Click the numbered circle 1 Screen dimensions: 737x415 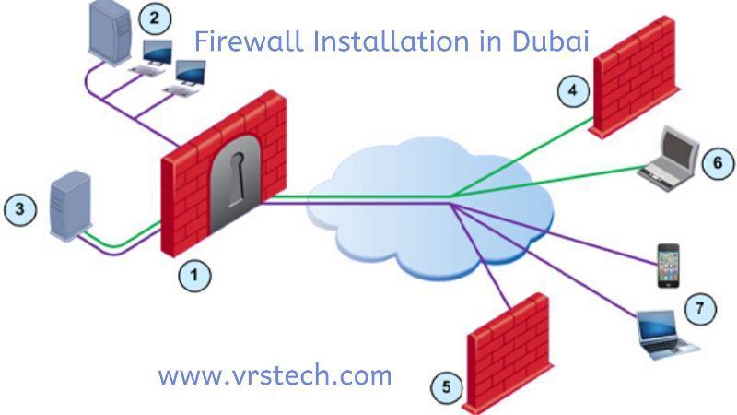click(x=194, y=275)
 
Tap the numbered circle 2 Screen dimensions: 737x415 click(x=155, y=18)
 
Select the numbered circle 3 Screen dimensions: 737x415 click(x=20, y=209)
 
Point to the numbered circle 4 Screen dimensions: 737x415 click(x=573, y=89)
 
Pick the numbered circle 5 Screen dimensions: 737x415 click(x=447, y=386)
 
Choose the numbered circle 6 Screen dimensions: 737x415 click(x=718, y=163)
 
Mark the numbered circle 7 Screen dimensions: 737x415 click(x=700, y=309)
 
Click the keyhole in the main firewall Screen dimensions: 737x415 click(x=237, y=180)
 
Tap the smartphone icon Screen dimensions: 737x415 click(x=668, y=265)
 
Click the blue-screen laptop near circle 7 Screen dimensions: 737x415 click(x=665, y=335)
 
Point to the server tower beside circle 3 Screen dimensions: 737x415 click(x=70, y=206)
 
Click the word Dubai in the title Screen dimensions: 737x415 click(x=550, y=41)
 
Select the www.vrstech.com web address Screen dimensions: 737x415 click(x=275, y=375)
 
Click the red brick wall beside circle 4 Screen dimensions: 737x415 click(x=636, y=77)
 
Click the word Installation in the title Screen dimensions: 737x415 click(x=392, y=41)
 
